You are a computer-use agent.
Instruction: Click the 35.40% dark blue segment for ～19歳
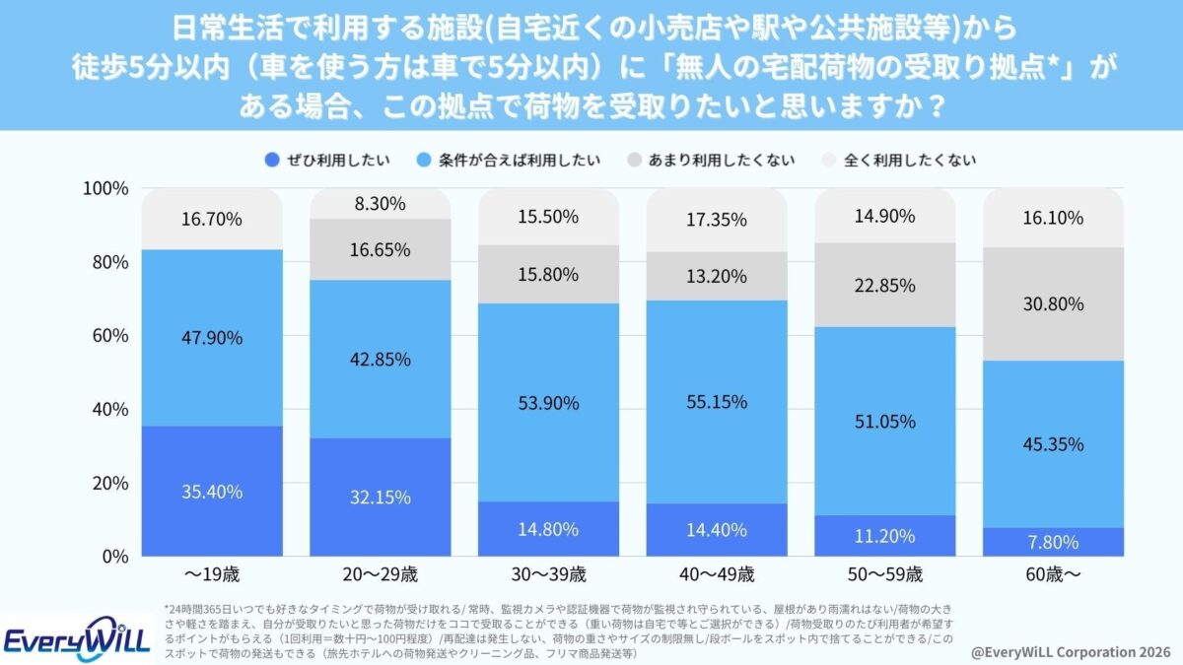coord(212,491)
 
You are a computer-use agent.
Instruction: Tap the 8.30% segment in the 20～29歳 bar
coord(381,204)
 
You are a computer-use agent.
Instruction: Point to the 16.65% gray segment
coord(381,249)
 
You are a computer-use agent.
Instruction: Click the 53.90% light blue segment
coord(548,402)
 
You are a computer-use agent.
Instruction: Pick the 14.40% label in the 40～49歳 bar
coord(717,529)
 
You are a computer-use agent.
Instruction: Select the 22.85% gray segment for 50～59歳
coord(884,285)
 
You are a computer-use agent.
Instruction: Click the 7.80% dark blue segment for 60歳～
coord(1053,542)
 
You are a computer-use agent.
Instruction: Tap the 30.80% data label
coord(1053,304)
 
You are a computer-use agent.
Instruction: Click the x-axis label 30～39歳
coord(548,574)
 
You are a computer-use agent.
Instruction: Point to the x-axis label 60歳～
coord(1053,574)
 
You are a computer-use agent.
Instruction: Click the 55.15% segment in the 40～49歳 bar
coord(717,402)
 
